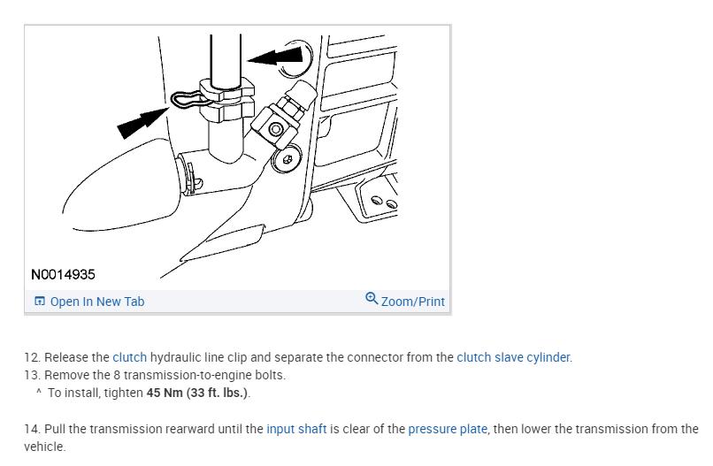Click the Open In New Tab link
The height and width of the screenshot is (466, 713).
click(x=96, y=302)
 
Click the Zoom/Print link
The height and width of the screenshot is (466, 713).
click(x=412, y=302)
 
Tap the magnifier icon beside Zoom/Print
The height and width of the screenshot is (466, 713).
click(x=372, y=299)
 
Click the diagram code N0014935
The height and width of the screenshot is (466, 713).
click(x=63, y=274)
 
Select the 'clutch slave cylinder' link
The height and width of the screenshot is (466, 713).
click(x=513, y=357)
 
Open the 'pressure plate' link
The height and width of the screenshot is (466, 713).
click(x=448, y=429)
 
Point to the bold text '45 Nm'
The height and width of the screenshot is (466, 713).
click(x=167, y=392)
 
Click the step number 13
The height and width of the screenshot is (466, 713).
click(x=31, y=375)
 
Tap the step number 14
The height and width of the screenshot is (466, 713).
click(x=31, y=429)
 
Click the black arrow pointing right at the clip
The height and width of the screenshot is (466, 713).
click(x=141, y=120)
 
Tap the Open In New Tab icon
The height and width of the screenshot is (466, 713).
click(x=40, y=302)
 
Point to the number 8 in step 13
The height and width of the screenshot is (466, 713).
click(x=116, y=375)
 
